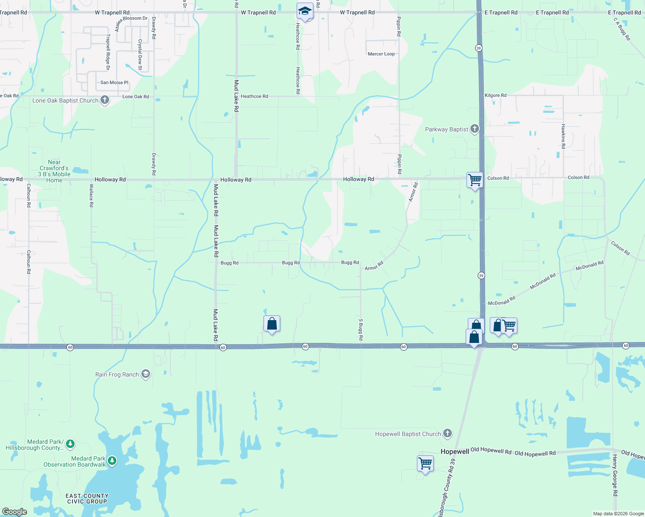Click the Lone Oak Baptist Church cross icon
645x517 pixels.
tap(104, 100)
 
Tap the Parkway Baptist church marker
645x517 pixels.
tap(474, 129)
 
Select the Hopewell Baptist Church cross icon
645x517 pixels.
tap(448, 433)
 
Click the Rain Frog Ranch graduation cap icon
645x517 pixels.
tap(146, 374)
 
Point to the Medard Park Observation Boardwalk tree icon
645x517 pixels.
tap(112, 461)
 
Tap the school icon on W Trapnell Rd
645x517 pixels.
tap(305, 11)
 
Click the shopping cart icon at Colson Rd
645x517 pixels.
tap(475, 180)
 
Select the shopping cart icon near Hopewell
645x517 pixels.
tap(426, 464)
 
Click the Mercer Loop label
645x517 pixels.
tap(381, 54)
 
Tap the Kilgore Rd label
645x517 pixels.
tap(495, 95)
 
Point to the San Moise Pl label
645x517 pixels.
tap(114, 82)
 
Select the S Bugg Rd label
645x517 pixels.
tap(361, 330)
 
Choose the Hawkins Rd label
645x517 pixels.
tap(563, 136)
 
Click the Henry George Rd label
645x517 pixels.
tap(615, 475)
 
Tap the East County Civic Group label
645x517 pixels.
tap(87, 498)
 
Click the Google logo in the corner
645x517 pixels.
tap(15, 511)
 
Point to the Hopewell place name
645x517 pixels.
tap(454, 452)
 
